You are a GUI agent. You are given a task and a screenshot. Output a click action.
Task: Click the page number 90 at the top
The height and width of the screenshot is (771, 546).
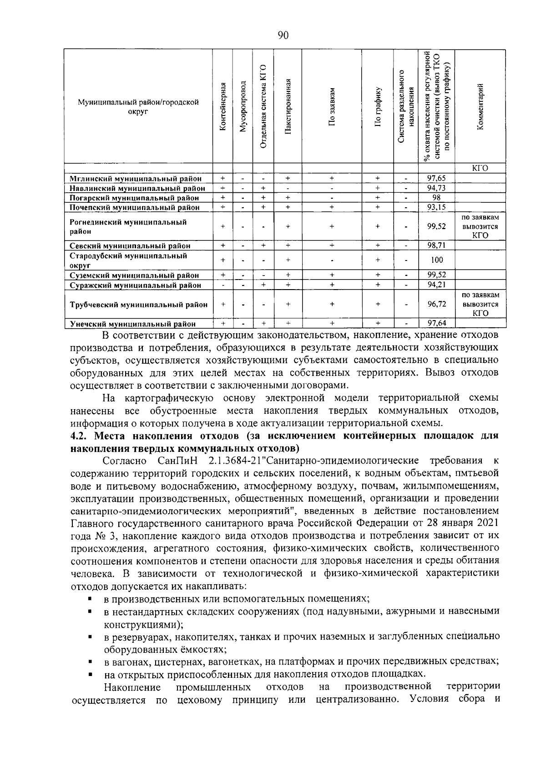tap(283, 36)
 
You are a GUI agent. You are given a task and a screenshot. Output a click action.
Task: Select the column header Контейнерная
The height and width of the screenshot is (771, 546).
tap(222, 107)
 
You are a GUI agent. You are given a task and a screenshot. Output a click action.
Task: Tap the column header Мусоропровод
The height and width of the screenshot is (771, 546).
tap(243, 107)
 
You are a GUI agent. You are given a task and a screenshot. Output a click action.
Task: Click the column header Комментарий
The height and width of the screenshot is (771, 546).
tap(480, 107)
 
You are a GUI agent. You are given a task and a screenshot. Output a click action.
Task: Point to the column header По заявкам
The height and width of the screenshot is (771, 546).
tap(332, 107)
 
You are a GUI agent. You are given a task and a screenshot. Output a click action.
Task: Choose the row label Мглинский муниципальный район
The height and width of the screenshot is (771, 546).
tap(135, 179)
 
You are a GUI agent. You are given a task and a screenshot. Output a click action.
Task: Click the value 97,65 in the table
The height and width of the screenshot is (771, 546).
tap(436, 178)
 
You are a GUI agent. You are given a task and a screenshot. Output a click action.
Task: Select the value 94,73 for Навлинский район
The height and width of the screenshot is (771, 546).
tap(436, 188)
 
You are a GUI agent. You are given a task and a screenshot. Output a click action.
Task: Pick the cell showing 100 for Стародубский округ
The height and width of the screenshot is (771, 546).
tap(436, 260)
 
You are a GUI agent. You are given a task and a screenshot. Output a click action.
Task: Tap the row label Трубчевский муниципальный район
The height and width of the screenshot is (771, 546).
tap(138, 305)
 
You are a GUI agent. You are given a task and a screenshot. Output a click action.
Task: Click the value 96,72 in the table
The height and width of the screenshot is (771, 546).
tap(436, 305)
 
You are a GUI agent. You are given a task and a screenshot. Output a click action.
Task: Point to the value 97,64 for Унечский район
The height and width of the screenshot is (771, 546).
tap(436, 324)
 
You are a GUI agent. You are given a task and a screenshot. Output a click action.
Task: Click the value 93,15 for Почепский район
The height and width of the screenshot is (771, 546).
tap(436, 207)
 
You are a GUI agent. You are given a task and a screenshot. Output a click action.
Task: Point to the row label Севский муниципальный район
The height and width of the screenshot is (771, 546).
tap(130, 245)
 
